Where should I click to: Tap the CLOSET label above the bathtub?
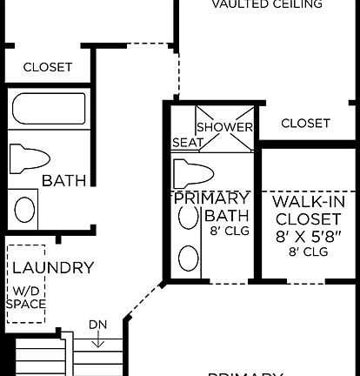pyautogui.click(x=47, y=67)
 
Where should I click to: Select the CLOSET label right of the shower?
pyautogui.click(x=305, y=124)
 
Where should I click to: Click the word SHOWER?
pyautogui.click(x=224, y=128)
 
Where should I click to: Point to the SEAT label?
pyautogui.click(x=188, y=142)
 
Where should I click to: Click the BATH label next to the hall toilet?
pyautogui.click(x=64, y=182)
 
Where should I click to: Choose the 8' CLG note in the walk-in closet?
pyautogui.click(x=307, y=252)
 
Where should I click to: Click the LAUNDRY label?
pyautogui.click(x=52, y=267)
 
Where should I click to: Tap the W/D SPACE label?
pyautogui.click(x=26, y=298)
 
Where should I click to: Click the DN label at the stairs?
pyautogui.click(x=97, y=326)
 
